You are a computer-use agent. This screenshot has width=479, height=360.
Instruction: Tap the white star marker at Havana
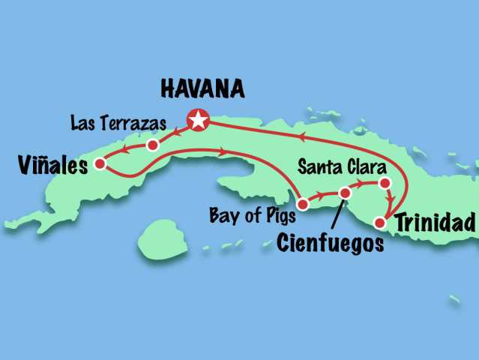pyautogui.click(x=198, y=119)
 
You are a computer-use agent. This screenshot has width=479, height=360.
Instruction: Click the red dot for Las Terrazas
pyautogui.click(x=152, y=144)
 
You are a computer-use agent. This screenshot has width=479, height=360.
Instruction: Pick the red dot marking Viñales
pyautogui.click(x=100, y=162)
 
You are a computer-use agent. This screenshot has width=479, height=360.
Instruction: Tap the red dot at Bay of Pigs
pyautogui.click(x=303, y=203)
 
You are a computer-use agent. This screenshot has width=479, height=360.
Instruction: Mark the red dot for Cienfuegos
pyautogui.click(x=345, y=193)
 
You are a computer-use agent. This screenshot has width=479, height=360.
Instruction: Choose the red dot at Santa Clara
pyautogui.click(x=384, y=183)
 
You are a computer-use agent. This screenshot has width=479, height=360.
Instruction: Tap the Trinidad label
pyautogui.click(x=435, y=223)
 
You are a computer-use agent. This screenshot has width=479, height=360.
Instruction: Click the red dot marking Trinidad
pyautogui.click(x=380, y=223)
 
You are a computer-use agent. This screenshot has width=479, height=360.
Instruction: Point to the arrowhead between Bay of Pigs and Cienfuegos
pyautogui.click(x=322, y=196)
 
